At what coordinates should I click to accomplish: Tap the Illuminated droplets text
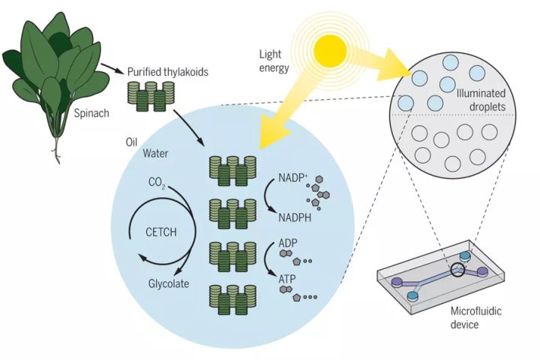[x=481, y=100]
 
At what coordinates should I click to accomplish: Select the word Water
[x=157, y=154]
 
